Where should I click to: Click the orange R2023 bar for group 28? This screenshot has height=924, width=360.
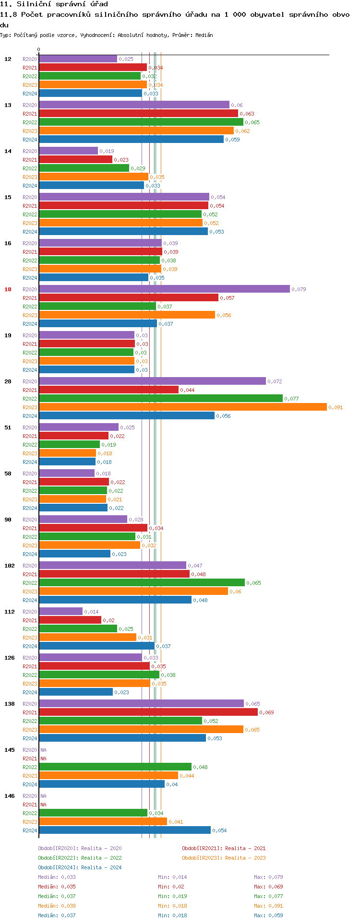coord(182,407)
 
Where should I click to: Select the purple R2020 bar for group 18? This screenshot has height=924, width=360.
coord(164,289)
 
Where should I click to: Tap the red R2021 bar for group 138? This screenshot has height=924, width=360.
coord(148,712)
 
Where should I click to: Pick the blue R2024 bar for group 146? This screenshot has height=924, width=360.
coord(124,830)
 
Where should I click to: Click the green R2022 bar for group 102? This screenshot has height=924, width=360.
coord(142,582)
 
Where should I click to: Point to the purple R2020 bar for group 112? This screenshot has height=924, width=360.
coord(60,611)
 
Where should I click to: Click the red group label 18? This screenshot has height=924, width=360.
coord(8,289)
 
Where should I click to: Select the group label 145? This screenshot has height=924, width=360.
coord(10,750)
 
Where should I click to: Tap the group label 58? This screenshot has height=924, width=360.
coord(8,474)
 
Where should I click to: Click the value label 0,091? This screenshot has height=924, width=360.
coord(336,407)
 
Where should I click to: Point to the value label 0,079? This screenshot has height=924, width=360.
coord(299,289)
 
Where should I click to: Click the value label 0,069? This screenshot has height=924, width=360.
coord(266,712)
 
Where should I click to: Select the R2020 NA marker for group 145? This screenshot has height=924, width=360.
coord(43,750)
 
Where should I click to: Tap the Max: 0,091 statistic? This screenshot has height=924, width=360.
coord(268,906)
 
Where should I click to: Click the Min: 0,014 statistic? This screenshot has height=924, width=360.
coord(172,877)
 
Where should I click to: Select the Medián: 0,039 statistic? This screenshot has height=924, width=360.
coord(57,906)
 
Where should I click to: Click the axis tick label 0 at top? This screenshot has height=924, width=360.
coord(39,50)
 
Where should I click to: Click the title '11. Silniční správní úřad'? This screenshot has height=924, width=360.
coord(54,4)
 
